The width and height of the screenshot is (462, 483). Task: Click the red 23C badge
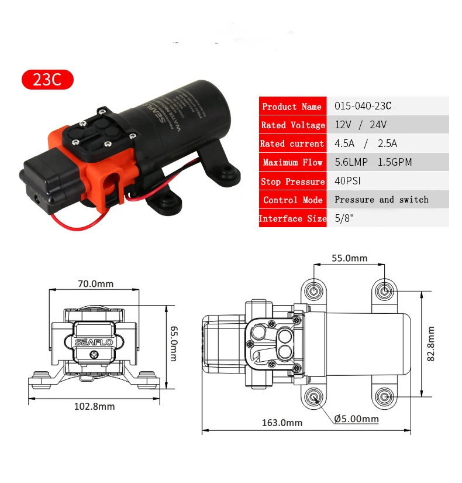(47, 80)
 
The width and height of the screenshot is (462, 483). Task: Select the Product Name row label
(292, 107)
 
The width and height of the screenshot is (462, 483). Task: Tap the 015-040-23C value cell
(363, 107)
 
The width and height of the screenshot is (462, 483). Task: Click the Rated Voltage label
(292, 125)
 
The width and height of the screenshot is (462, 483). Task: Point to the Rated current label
(292, 143)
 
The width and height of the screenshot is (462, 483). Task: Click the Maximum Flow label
(292, 162)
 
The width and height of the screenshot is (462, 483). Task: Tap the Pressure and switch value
(381, 200)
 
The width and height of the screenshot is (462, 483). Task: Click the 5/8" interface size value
(344, 218)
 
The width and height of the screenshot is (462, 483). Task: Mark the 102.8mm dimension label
(95, 406)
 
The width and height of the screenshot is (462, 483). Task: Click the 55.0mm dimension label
(349, 258)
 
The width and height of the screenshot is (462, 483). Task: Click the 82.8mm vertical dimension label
(431, 344)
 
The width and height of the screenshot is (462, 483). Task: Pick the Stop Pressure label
(292, 181)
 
